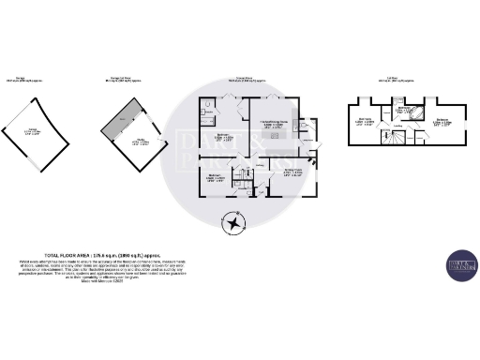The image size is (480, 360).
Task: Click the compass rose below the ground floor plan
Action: (232, 223)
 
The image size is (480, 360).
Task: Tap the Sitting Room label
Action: (292, 172)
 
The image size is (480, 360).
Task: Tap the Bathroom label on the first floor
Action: (400, 110)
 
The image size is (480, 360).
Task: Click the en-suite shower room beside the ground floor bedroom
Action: (207, 115)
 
